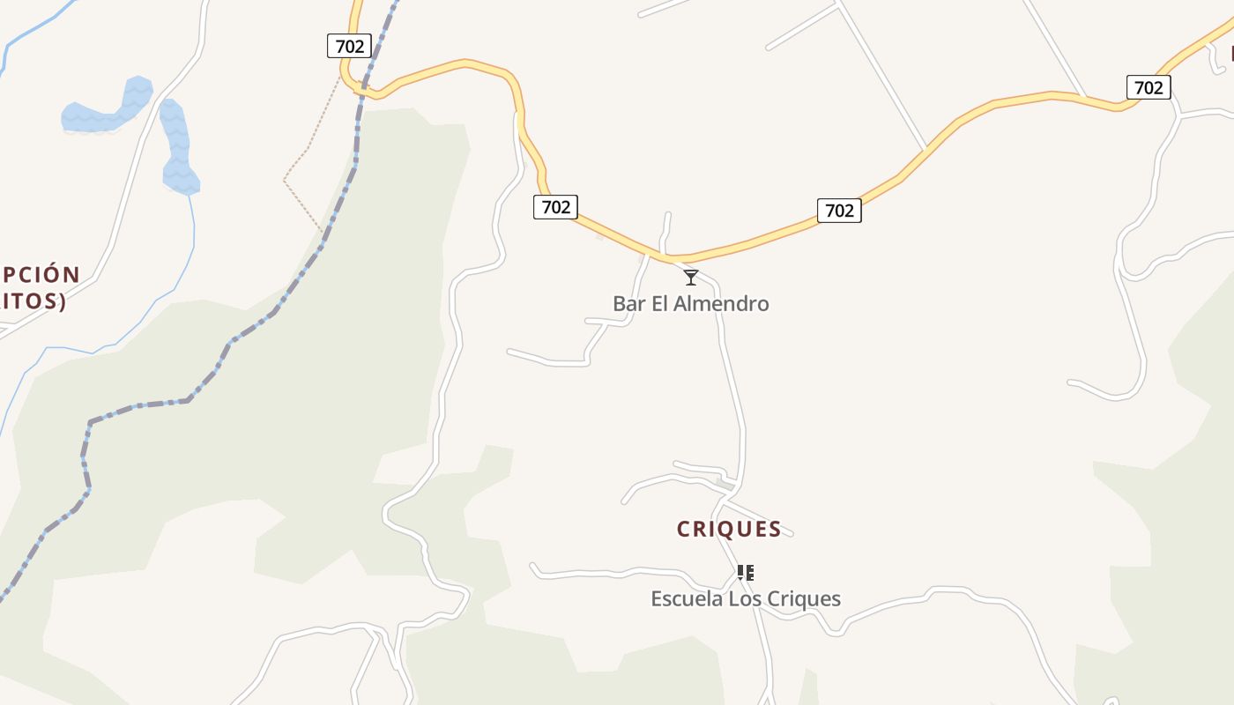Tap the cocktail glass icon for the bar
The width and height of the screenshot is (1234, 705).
pos(691,278)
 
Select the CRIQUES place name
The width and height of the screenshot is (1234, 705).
pos(729,529)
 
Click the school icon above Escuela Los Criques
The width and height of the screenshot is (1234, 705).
pos(746,574)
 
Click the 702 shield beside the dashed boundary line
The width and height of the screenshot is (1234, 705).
pos(349,46)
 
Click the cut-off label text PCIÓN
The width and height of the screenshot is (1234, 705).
pos(41,275)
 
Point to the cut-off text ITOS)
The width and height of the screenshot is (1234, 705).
pos(33,301)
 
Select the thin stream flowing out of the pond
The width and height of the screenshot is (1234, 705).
pos(176,273)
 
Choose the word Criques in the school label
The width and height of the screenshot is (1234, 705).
pos(803,599)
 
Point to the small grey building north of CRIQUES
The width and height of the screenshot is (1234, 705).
pos(725,484)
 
